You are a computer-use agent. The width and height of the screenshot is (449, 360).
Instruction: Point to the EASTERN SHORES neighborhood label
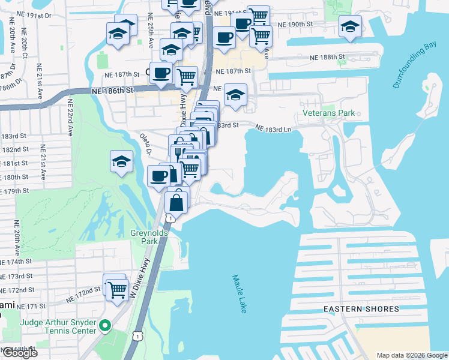coord(361,309)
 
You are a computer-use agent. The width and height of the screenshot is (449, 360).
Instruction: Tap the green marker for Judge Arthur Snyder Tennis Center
coord(106,326)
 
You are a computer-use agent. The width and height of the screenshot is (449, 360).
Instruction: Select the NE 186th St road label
coord(112,91)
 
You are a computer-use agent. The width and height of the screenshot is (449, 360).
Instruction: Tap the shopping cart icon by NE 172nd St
coord(114,287)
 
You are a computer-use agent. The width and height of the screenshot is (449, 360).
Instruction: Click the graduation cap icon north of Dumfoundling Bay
coord(350,27)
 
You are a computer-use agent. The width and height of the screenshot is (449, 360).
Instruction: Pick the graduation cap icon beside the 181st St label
coord(121,161)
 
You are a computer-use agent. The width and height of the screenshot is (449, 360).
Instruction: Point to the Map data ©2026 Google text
coord(411,355)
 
